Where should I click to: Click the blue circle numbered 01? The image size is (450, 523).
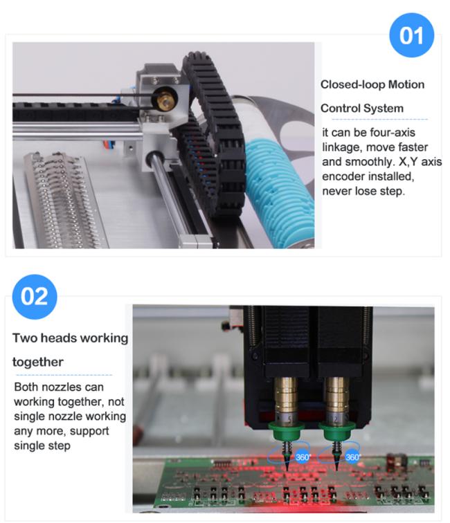coord(412,35)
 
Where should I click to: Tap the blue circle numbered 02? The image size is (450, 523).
coord(35,297)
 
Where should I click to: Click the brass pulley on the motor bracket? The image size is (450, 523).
coord(165,98)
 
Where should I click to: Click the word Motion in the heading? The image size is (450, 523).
coord(406,84)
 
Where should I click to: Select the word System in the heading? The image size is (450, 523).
coord(384,109)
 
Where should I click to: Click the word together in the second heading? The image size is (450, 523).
coord(38,363)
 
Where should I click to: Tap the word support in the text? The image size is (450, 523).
coord(89,431)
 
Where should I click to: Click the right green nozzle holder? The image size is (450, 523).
coord(336,430)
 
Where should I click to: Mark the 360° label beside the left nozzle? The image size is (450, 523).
coord(303,457)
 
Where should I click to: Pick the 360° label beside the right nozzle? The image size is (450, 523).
coord(352,457)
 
